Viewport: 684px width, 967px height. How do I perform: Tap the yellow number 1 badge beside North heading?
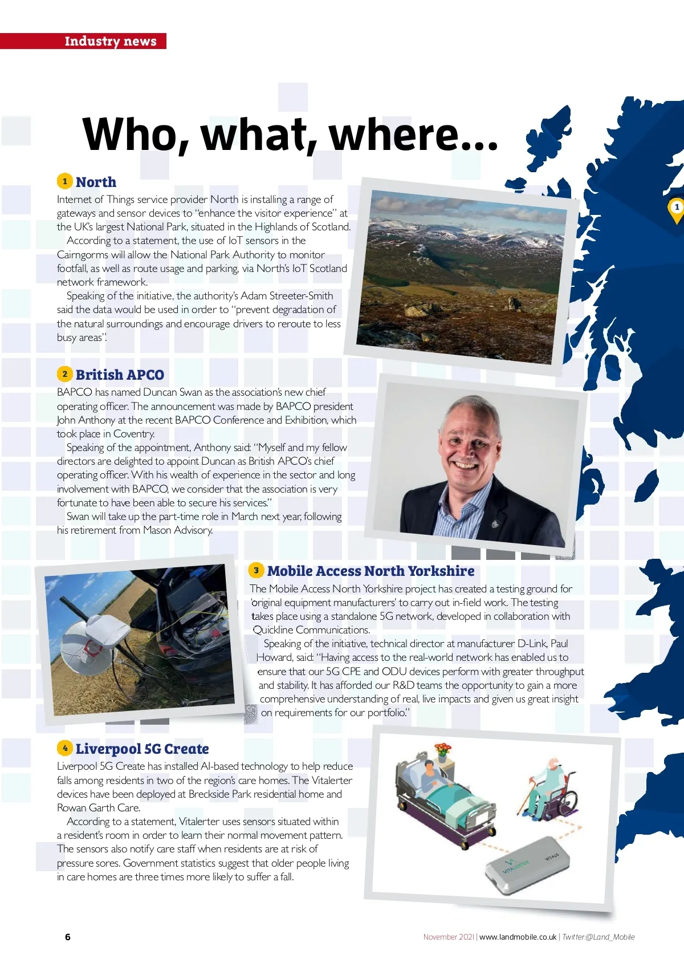(x=64, y=181)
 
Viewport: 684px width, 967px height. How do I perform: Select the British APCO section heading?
(x=120, y=375)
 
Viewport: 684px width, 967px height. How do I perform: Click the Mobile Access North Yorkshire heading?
(x=370, y=571)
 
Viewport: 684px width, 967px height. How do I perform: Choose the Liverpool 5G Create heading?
(x=142, y=749)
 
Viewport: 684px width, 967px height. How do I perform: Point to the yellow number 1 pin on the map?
(x=676, y=208)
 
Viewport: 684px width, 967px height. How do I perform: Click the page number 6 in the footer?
(x=68, y=937)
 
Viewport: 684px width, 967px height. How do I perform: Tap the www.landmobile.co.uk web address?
(x=518, y=937)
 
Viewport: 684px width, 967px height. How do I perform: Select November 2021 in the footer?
(x=449, y=937)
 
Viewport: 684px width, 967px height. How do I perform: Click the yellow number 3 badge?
(x=256, y=570)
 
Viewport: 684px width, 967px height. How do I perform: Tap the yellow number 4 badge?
(x=64, y=748)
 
